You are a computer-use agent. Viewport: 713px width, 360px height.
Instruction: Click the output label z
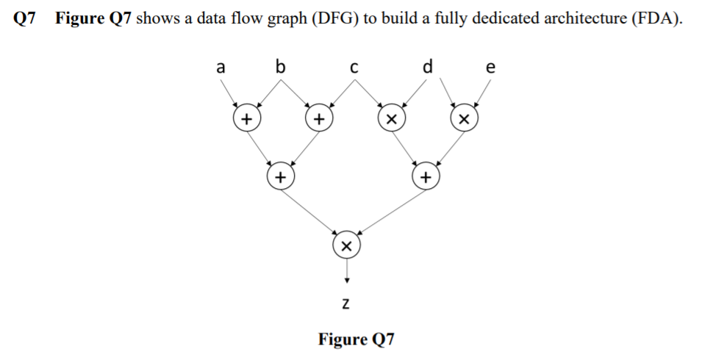(347, 303)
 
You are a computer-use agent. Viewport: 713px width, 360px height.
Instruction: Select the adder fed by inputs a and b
(246, 118)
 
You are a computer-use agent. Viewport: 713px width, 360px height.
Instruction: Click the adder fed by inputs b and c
(318, 118)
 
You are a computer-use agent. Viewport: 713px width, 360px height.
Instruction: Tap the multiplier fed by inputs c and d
(391, 118)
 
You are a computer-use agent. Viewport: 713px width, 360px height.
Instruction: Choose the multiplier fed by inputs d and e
(463, 118)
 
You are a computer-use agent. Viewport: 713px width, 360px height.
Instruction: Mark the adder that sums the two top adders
(279, 177)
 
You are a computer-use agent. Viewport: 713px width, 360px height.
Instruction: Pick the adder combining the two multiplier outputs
(424, 177)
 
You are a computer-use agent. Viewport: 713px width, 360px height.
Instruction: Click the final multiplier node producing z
(347, 245)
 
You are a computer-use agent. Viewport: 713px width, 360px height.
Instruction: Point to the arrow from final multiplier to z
(347, 271)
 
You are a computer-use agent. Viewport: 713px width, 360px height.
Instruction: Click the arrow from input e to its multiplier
(481, 93)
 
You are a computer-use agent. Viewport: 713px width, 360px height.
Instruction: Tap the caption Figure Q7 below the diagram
(356, 339)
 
